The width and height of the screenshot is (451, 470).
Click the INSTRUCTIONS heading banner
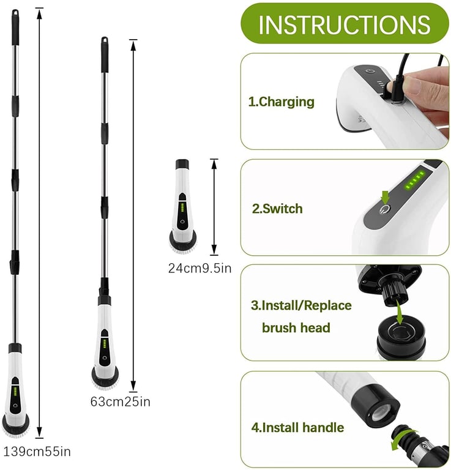(345, 23)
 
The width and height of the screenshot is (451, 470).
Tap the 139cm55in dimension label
(37, 452)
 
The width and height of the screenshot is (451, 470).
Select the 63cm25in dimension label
(120, 401)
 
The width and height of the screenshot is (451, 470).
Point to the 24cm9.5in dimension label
(199, 268)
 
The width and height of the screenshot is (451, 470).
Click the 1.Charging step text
(281, 102)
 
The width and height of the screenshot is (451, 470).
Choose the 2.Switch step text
(277, 209)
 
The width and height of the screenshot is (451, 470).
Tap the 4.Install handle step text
(297, 427)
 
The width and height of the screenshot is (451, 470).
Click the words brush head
(296, 327)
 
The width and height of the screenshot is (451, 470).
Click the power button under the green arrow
(385, 209)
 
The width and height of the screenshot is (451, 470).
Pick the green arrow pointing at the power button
(386, 197)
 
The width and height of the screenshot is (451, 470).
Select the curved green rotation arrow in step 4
(403, 439)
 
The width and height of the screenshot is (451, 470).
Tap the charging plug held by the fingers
(395, 88)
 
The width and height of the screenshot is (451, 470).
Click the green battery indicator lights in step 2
(415, 180)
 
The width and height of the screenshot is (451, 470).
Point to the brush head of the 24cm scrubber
(183, 242)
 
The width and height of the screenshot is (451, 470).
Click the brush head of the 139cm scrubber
(16, 425)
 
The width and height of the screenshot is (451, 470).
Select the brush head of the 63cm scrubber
(105, 378)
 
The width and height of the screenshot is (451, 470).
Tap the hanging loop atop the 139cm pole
(15, 13)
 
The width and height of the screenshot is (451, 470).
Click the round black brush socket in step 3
(401, 336)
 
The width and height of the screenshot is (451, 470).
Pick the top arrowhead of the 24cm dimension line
(214, 163)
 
